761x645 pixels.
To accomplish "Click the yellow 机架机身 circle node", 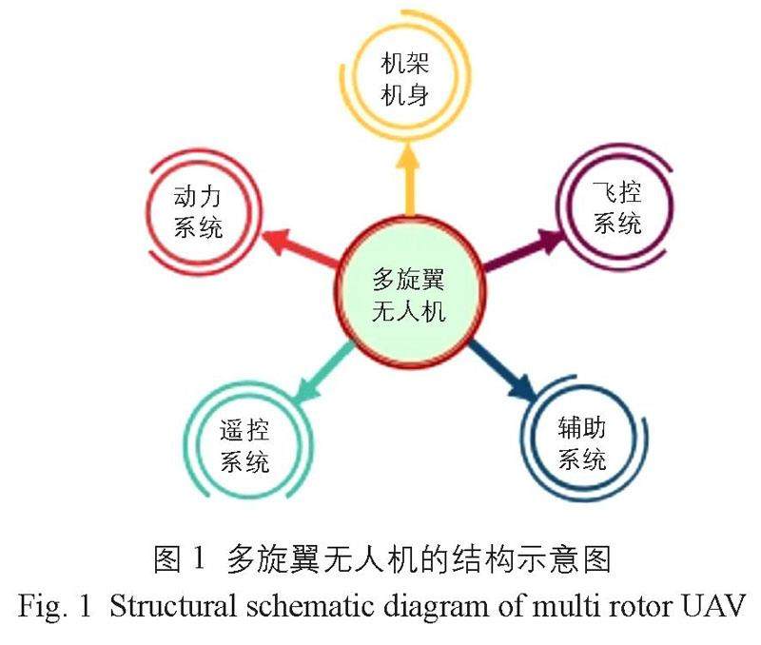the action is [x=403, y=80].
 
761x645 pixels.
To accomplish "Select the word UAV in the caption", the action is [x=713, y=606].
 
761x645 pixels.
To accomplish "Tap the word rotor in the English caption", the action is [x=650, y=607].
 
